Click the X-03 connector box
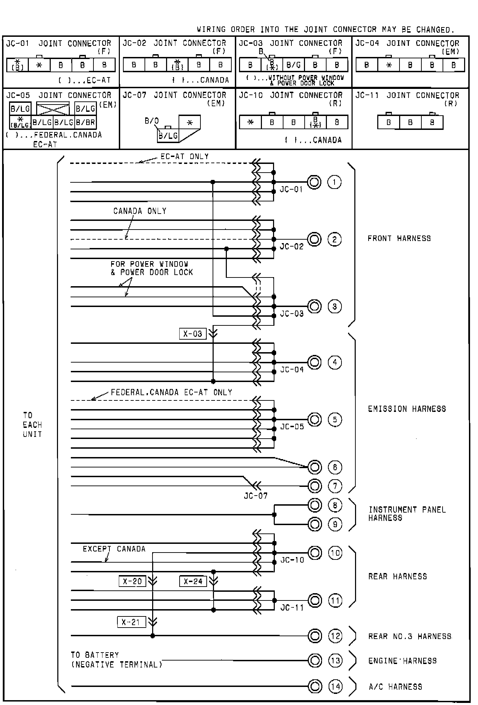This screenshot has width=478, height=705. tap(193, 334)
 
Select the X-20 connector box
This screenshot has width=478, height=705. tap(132, 581)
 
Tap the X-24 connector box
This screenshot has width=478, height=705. tap(193, 581)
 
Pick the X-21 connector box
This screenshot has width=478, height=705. tap(131, 622)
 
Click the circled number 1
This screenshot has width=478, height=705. tap(334, 182)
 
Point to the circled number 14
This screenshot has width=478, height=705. tap(335, 686)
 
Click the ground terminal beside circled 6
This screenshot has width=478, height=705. tap(315, 467)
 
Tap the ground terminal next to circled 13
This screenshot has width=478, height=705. tap(315, 660)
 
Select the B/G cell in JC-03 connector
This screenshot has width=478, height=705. tap(294, 65)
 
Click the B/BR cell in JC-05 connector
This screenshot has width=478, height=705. tap(85, 122)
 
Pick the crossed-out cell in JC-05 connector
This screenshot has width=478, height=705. tap(53, 109)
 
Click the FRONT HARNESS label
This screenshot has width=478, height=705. tap(399, 238)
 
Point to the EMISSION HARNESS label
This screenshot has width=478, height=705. tap(407, 409)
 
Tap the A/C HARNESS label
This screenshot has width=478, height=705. tap(395, 687)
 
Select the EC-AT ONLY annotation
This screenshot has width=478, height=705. tap(184, 157)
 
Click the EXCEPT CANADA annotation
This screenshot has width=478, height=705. tap(114, 549)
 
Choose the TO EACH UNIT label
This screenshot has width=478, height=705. tap(32, 424)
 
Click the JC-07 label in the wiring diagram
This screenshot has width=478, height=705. tap(256, 496)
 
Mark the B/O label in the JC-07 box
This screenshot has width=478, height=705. tap(151, 121)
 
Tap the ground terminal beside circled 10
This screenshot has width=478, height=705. tap(315, 553)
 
